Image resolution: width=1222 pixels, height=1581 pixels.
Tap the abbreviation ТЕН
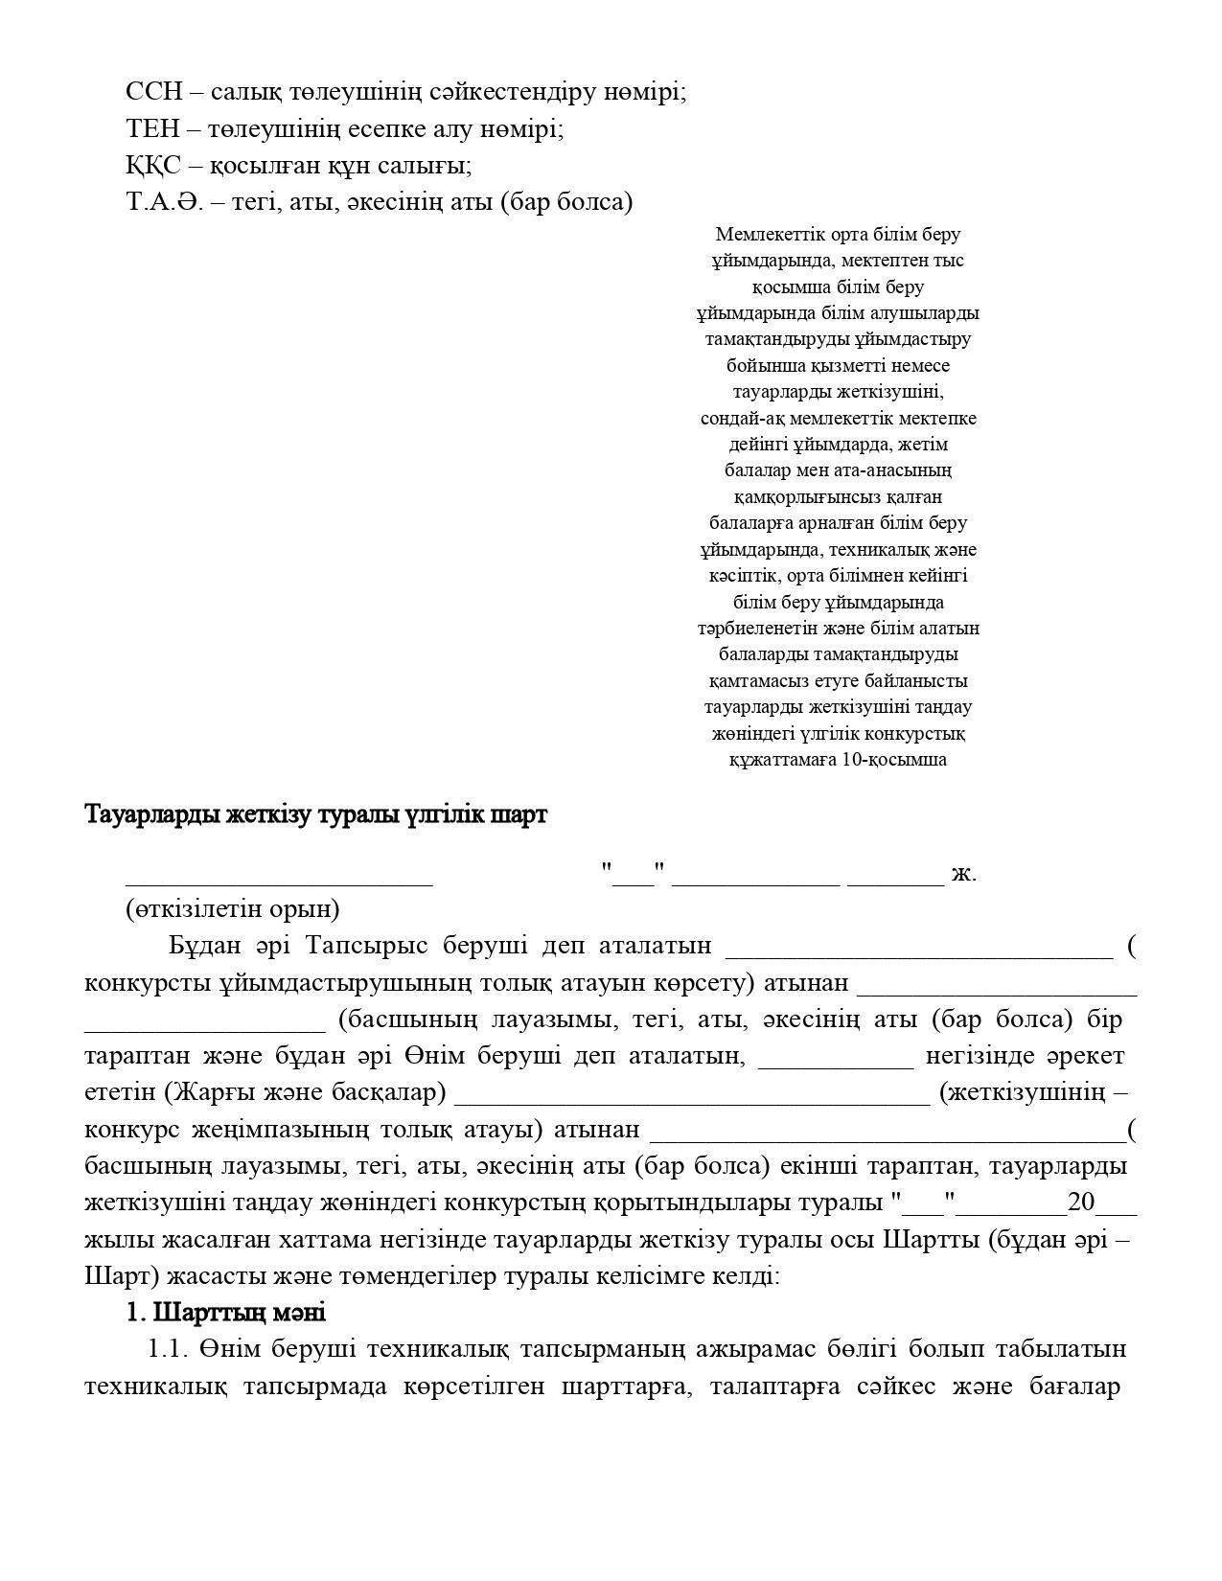pyautogui.click(x=152, y=128)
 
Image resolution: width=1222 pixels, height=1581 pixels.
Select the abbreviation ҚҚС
pyautogui.click(x=152, y=165)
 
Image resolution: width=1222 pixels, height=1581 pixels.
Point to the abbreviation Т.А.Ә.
pyautogui.click(x=164, y=201)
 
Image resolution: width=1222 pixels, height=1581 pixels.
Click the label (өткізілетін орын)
pyautogui.click(x=233, y=908)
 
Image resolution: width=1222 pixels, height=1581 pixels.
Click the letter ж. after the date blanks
pyautogui.click(x=964, y=873)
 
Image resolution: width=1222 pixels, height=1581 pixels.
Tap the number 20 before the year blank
pyautogui.click(x=1082, y=1203)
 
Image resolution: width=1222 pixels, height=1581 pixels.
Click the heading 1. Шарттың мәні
pyautogui.click(x=226, y=1312)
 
